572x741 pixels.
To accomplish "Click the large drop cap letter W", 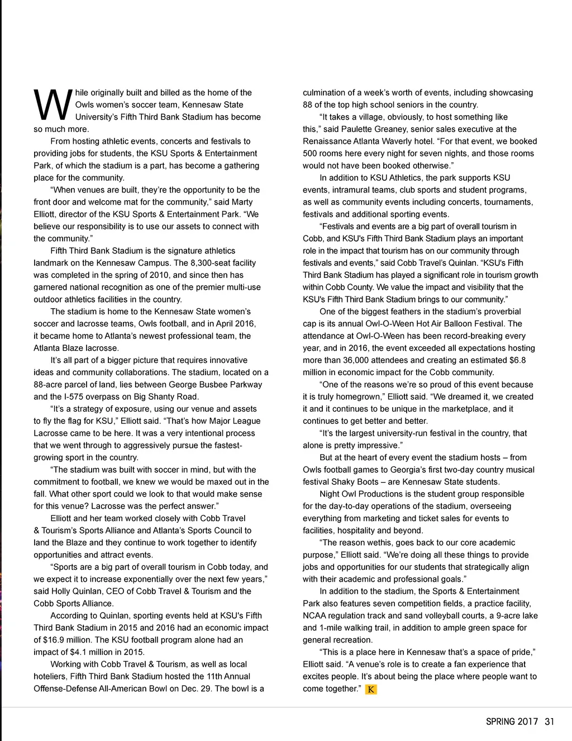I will click(53, 105).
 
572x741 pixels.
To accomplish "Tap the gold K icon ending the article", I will click(371, 690).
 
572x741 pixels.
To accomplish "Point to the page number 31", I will click(550, 721).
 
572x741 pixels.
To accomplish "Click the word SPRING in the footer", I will click(500, 721).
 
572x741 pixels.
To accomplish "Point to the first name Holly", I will click(61, 591).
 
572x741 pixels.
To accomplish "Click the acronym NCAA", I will click(314, 616).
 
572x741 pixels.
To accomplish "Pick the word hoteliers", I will click(50, 677).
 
